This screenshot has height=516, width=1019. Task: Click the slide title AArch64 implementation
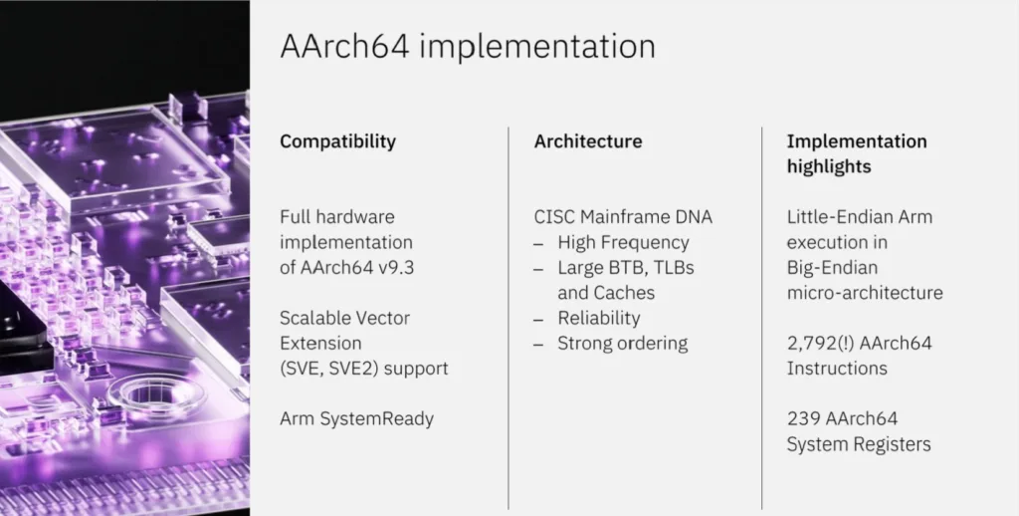pyautogui.click(x=468, y=47)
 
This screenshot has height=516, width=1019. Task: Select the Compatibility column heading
pyautogui.click(x=338, y=141)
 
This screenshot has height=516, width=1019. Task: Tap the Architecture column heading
pyautogui.click(x=588, y=141)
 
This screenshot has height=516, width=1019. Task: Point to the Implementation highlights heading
pyautogui.click(x=857, y=153)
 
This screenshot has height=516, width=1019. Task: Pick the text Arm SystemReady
pyautogui.click(x=357, y=419)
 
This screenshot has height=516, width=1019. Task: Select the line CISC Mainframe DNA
pyautogui.click(x=623, y=217)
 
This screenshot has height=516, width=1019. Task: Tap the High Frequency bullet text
pyautogui.click(x=623, y=243)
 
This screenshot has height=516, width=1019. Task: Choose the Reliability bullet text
pyautogui.click(x=598, y=318)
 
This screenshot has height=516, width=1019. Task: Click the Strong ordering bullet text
pyautogui.click(x=623, y=344)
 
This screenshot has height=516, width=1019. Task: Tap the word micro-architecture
pyautogui.click(x=865, y=293)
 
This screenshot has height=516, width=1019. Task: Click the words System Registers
pyautogui.click(x=859, y=444)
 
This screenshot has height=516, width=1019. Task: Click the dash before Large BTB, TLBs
pyautogui.click(x=538, y=269)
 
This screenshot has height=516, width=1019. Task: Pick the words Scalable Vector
pyautogui.click(x=345, y=318)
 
